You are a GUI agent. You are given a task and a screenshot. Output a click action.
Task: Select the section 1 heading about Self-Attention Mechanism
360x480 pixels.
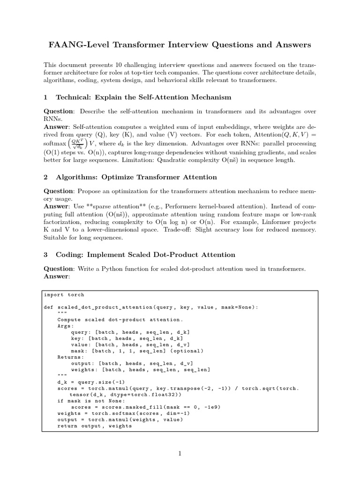(x=143, y=97)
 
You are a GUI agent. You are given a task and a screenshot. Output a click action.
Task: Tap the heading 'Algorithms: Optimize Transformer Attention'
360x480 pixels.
(x=136, y=177)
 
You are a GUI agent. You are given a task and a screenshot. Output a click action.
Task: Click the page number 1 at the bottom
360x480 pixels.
(x=180, y=453)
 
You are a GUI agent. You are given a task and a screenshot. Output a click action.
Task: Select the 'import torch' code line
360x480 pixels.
(x=64, y=295)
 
